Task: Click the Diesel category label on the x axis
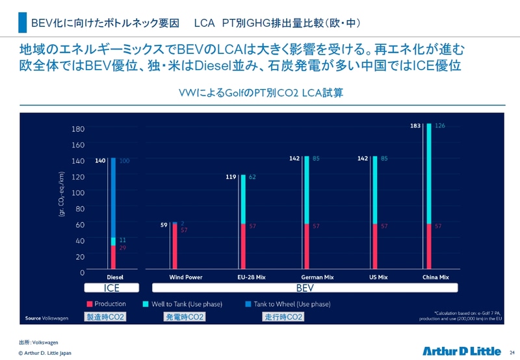coord(114,277)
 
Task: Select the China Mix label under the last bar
coord(435,277)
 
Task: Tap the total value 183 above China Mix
coord(415,126)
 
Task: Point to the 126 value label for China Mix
coord(440,126)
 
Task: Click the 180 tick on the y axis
coord(78,129)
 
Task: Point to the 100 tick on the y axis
coord(78,192)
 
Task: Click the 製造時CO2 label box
coord(105,317)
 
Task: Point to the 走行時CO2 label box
coord(283,317)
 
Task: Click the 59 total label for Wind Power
coord(164,225)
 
